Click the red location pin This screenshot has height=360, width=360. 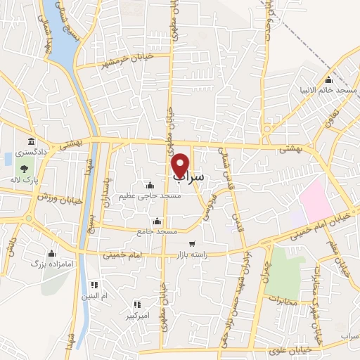[181, 165]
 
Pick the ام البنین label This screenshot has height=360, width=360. [95, 297]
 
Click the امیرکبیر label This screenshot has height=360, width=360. [138, 316]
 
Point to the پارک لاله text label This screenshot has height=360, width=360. [25, 180]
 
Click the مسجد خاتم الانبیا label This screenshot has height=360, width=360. [336, 91]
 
